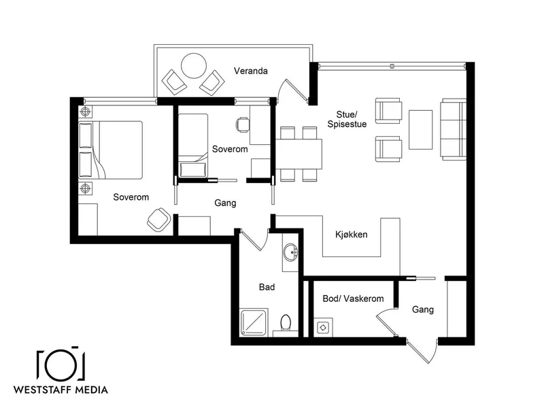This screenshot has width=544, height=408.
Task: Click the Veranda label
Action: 250,71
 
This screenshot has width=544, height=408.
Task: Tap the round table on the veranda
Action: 194,66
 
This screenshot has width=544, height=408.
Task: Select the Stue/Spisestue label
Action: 347,119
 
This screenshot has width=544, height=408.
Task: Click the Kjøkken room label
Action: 351,235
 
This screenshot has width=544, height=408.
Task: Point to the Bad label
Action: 267,287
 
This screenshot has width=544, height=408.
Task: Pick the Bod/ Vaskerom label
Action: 353,299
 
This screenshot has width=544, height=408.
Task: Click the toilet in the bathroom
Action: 286,322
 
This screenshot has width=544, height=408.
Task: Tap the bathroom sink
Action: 290,252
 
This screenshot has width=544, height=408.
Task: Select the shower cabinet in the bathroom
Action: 254,322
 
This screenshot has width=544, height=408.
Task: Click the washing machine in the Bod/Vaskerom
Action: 323,327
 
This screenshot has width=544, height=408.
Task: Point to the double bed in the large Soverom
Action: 111,150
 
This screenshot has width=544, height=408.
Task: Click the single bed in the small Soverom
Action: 193,146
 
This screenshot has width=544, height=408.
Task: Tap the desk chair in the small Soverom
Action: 243,124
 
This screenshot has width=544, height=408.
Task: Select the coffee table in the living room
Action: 420,130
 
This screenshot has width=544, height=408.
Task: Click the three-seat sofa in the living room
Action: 454,129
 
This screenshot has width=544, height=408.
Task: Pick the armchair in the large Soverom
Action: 159,220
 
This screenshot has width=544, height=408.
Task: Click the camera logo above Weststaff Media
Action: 61,363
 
